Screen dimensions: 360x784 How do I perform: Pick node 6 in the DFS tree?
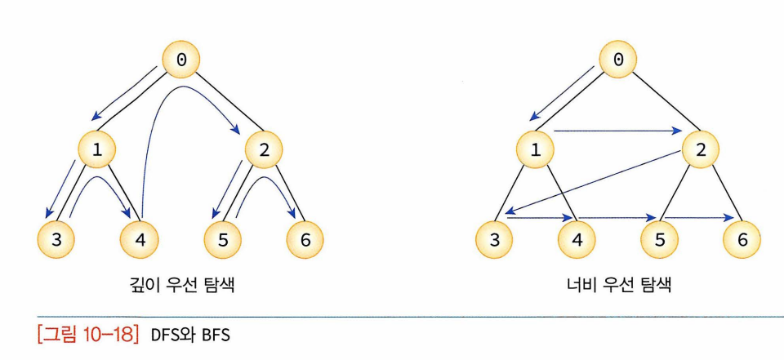pyautogui.click(x=305, y=239)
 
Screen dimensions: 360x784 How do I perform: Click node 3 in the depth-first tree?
pyautogui.click(x=56, y=239)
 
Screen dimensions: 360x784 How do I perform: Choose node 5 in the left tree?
pyautogui.click(x=221, y=239)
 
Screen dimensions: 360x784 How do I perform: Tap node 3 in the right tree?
pyautogui.click(x=494, y=239)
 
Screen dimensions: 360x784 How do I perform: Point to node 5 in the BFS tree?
pyautogui.click(x=659, y=239)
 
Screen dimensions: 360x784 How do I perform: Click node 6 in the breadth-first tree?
pyautogui.click(x=742, y=239)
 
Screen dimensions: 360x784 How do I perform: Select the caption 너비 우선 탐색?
pyautogui.click(x=618, y=286)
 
